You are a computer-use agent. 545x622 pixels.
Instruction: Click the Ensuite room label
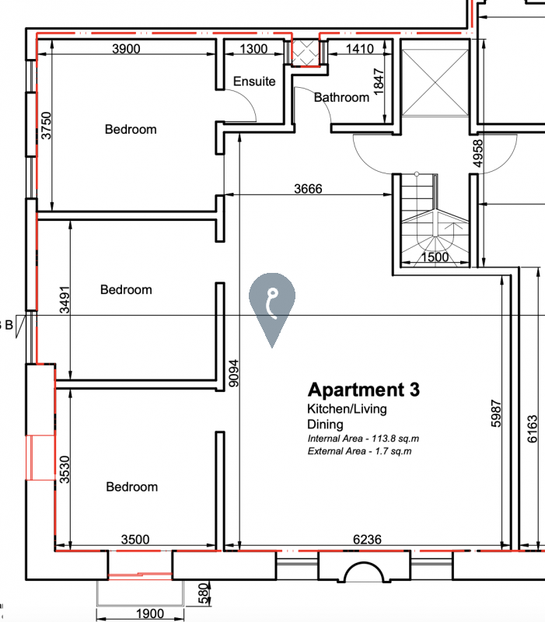(254, 82)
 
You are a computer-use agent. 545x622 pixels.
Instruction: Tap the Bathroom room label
(341, 97)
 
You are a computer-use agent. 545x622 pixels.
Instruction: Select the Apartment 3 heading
(363, 390)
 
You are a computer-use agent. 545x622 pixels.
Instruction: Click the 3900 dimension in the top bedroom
(126, 49)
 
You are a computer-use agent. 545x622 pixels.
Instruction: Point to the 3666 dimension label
(308, 189)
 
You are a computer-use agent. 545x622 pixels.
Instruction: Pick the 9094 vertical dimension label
(234, 373)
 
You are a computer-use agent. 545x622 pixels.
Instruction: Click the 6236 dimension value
(367, 540)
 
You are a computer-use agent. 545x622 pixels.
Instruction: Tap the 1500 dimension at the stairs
(435, 257)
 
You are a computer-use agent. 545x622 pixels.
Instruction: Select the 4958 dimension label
(478, 153)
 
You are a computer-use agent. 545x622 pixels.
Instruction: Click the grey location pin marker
(272, 306)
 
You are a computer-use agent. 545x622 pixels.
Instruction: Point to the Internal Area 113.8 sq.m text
(363, 439)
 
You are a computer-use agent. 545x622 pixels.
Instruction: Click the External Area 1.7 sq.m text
(359, 451)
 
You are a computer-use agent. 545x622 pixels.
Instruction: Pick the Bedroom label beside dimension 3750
(131, 129)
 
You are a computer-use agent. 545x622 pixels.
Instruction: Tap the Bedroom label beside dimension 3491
(126, 289)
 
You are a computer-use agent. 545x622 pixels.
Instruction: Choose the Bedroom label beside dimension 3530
(131, 487)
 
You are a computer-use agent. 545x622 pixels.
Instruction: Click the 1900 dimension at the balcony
(150, 614)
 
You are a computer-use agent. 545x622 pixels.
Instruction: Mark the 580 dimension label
(203, 593)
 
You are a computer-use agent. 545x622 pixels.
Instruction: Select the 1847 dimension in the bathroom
(379, 82)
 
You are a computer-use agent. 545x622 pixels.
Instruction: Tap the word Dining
(325, 425)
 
